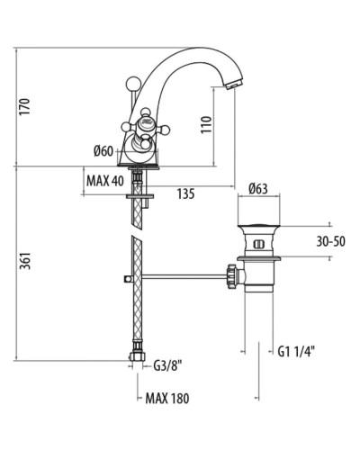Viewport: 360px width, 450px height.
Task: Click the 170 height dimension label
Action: pos(25,106)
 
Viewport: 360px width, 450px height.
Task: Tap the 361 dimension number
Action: pos(25,261)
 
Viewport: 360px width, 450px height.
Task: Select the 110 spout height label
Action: pos(206,125)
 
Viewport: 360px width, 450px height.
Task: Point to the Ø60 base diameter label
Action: pos(104,151)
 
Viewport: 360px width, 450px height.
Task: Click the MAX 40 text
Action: pos(105,181)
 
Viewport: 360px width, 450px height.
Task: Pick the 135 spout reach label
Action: pos(185,193)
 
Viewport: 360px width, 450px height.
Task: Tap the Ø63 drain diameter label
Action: pos(258,189)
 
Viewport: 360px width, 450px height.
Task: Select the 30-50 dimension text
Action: pos(331,241)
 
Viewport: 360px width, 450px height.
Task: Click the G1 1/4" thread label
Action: pos(296,351)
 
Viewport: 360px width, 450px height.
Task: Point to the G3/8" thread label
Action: pos(168,365)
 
